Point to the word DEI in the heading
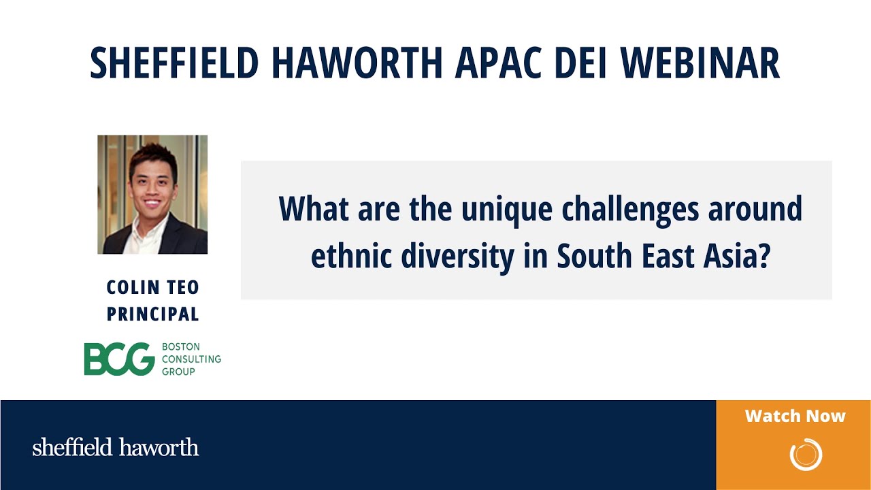pyautogui.click(x=587, y=63)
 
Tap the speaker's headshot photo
pyautogui.click(x=152, y=195)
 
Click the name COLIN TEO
pyautogui.click(x=152, y=288)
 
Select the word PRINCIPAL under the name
pyautogui.click(x=152, y=314)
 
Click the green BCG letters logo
pyautogui.click(x=119, y=359)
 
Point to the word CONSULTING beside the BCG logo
pyautogui.click(x=191, y=359)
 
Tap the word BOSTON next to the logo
pyautogui.click(x=180, y=347)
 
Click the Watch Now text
pyautogui.click(x=795, y=416)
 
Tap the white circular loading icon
pyautogui.click(x=806, y=454)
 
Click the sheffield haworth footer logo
pyautogui.click(x=116, y=448)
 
